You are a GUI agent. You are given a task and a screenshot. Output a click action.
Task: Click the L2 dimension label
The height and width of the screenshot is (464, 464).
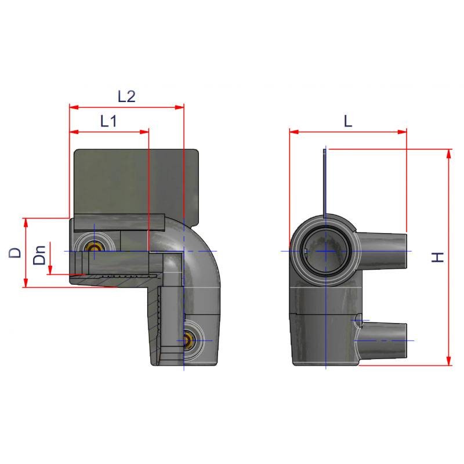(x=126, y=96)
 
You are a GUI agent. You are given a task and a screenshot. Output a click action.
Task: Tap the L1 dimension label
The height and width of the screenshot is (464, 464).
(x=108, y=121)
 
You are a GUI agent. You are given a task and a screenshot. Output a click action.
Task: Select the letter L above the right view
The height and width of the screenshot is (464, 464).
(x=348, y=121)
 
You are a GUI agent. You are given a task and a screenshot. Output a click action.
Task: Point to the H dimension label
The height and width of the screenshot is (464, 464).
(x=438, y=257)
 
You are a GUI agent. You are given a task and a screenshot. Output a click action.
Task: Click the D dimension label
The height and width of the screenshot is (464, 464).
(x=15, y=253)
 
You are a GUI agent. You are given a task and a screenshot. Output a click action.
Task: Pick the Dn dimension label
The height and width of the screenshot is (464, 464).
(x=39, y=255)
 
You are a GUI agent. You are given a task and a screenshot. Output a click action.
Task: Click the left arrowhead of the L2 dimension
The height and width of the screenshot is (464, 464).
(x=74, y=107)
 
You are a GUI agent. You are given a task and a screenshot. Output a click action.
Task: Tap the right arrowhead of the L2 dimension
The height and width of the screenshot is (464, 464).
(x=179, y=107)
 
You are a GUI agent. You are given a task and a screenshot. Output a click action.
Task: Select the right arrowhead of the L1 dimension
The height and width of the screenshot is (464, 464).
(x=144, y=132)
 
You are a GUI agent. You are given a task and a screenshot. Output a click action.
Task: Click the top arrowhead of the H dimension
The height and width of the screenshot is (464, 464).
(x=449, y=154)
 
